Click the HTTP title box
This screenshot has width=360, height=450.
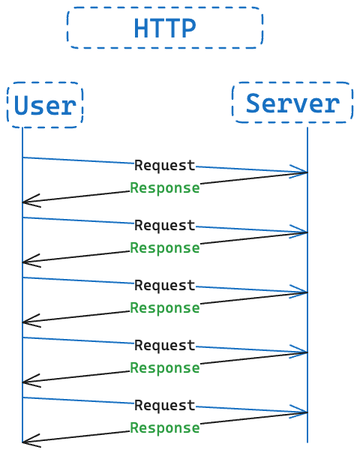165,28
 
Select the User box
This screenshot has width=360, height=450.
45,105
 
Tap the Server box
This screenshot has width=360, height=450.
292,103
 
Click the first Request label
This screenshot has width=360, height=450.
165,166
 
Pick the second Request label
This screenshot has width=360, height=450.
165,226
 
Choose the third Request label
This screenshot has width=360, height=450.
165,286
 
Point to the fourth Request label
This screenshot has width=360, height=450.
165,346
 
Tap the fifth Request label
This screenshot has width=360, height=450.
165,406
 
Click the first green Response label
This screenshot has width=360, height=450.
165,188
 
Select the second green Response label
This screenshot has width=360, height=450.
165,248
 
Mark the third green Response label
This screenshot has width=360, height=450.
165,308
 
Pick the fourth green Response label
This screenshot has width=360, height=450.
165,368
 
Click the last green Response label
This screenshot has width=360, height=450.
165,428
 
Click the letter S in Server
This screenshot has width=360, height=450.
253,103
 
